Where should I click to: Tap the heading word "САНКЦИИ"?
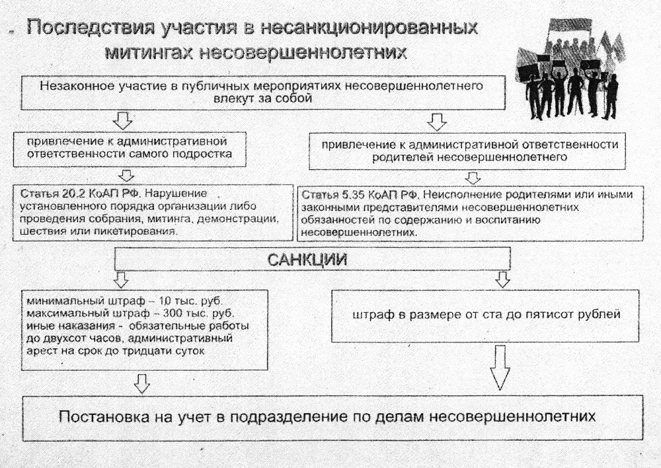307,260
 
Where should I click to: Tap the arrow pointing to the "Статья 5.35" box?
473,177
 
